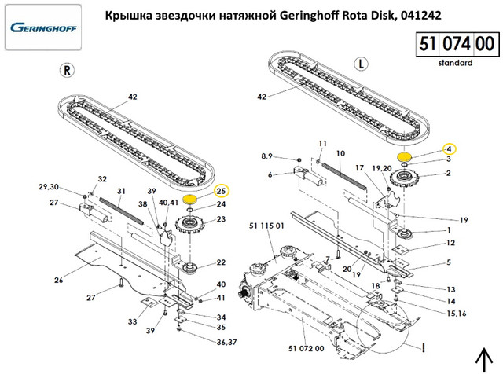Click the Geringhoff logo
tap(43, 27)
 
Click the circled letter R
tap(67, 70)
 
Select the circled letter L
tap(362, 64)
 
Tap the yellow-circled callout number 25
tap(222, 192)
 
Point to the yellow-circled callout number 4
tap(449, 149)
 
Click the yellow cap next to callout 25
tap(189, 200)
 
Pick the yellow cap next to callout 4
tap(404, 157)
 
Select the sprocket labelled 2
tap(402, 178)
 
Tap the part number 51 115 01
tap(266, 225)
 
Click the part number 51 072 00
tap(306, 348)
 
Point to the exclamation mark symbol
tap(424, 347)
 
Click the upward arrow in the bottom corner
tap(483, 361)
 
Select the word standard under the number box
tap(455, 63)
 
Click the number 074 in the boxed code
tap(457, 44)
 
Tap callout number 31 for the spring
tap(121, 191)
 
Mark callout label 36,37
tap(226, 343)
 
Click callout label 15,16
tap(457, 313)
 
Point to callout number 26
tap(58, 280)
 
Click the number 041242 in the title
tap(420, 15)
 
